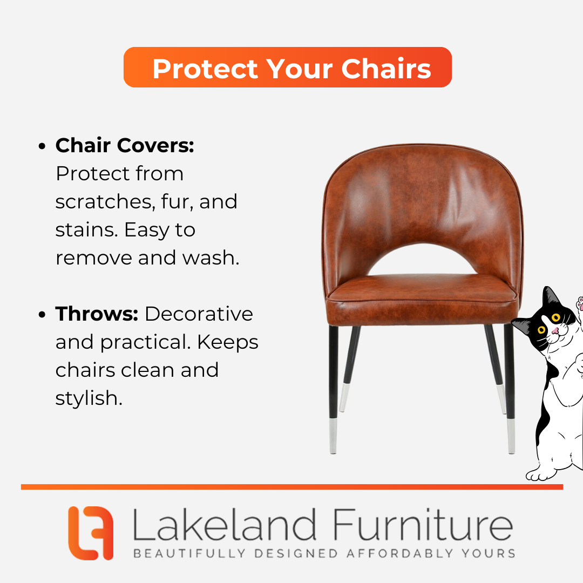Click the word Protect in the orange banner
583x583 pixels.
point(205,69)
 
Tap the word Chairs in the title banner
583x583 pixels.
point(387,69)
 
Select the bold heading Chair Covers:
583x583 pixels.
point(125,145)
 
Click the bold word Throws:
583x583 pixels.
point(97,314)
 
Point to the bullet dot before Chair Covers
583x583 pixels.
point(42,146)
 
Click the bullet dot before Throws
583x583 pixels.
point(42,315)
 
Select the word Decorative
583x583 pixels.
point(199,314)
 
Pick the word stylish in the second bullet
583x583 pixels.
point(89,398)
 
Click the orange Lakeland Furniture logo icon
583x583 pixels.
point(91,533)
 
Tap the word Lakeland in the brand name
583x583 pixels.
point(225,525)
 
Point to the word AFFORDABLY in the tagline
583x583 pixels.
point(399,553)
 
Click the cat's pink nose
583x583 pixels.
point(555,330)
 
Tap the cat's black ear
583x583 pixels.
point(549,297)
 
